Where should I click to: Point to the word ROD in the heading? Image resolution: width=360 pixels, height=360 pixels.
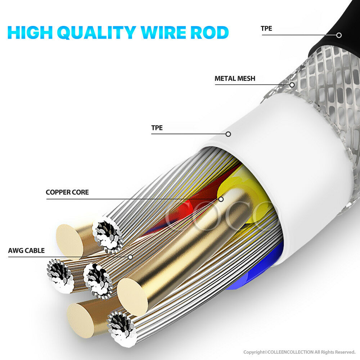(211, 32)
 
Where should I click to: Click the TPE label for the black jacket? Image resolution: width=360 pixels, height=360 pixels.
(266, 28)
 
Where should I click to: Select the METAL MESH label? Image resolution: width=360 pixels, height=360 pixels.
(235, 78)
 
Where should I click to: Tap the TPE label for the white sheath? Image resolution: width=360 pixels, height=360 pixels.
(157, 128)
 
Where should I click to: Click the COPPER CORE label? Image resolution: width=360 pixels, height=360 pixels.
(67, 192)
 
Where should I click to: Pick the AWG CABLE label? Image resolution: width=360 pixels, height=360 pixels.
(26, 251)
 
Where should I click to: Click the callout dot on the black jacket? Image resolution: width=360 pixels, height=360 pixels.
(339, 35)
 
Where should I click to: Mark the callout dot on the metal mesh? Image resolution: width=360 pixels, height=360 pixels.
(292, 85)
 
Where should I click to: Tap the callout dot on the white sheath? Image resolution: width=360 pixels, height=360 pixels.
(228, 134)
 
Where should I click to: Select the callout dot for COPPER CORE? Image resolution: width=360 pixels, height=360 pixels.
(221, 199)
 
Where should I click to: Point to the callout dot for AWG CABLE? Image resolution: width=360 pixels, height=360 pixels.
(130, 257)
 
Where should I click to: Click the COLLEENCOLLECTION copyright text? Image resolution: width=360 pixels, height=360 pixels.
(300, 352)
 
